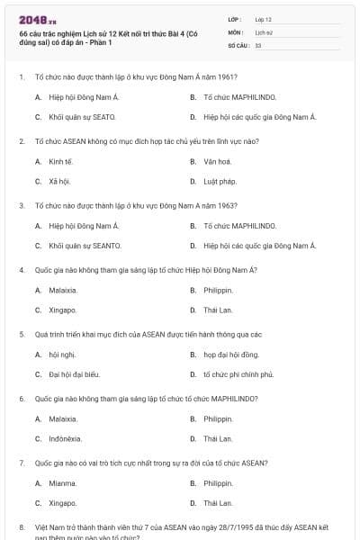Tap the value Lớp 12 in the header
click(264, 18)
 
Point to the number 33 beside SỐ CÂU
click(258, 44)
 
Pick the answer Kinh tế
click(60, 161)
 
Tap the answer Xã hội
click(60, 181)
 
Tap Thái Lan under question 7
click(218, 503)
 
